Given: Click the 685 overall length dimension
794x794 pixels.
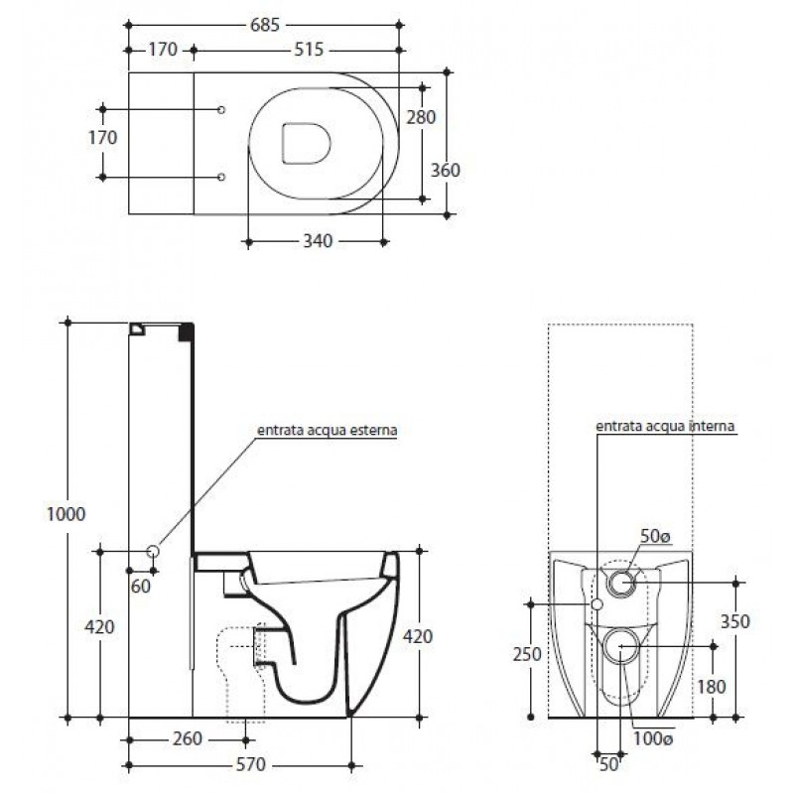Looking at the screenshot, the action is click(x=265, y=24).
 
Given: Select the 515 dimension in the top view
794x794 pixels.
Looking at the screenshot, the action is click(x=309, y=50).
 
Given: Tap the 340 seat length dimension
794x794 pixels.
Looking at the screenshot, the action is click(x=318, y=241).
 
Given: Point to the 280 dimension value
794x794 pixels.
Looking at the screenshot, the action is click(x=421, y=117).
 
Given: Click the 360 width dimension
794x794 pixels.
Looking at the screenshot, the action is click(x=445, y=170).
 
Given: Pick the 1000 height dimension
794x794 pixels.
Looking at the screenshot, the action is click(x=66, y=514).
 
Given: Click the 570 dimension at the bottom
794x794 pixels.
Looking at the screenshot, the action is click(x=251, y=764).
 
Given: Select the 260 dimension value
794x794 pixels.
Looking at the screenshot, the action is click(x=188, y=738).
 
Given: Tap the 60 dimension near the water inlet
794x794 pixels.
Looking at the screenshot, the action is click(x=141, y=587).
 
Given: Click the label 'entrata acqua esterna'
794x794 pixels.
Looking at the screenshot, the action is click(x=328, y=431).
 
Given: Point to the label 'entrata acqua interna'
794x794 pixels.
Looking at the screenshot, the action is click(x=665, y=427).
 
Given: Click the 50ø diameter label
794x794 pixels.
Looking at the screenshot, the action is click(x=656, y=536).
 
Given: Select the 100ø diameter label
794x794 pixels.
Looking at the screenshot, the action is click(x=653, y=738).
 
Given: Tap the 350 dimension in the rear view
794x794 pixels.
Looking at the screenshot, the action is click(x=734, y=621).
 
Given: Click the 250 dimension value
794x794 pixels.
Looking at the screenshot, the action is click(x=527, y=654).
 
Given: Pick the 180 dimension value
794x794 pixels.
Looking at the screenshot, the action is click(x=712, y=687).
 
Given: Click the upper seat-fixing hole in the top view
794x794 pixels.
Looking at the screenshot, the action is click(x=220, y=110).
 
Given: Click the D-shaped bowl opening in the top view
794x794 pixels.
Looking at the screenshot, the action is click(x=307, y=143).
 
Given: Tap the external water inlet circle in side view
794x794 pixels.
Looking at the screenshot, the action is click(x=153, y=552).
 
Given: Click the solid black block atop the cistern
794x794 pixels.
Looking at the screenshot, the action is click(x=187, y=331).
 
